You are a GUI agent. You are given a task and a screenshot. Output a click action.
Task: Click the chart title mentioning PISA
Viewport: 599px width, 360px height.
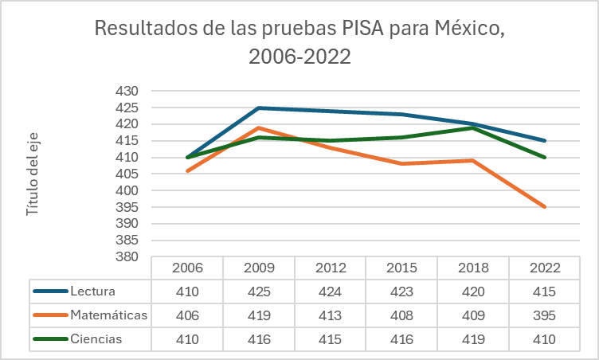coord(299,43)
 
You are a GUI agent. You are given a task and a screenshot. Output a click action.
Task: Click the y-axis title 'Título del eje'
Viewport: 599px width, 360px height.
coord(33,174)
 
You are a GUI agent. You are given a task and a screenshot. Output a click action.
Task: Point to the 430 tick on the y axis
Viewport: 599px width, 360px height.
coord(127,91)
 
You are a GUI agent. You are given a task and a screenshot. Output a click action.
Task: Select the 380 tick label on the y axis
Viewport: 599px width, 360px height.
coord(127,257)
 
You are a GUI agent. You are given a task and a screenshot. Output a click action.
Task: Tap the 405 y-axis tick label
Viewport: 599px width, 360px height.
coord(127,174)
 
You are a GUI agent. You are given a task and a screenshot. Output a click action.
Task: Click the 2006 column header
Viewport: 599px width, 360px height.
coord(187,268)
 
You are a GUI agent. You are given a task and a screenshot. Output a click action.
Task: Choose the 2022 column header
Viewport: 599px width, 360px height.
coord(546,268)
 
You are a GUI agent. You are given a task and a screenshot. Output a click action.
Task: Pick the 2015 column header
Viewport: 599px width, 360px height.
coord(402,268)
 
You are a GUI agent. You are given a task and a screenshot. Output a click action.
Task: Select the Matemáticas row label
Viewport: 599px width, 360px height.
coord(108,315)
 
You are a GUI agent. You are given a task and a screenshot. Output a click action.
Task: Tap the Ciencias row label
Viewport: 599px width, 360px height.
coord(96,339)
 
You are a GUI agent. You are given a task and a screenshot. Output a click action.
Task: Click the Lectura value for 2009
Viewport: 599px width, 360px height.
coord(259,292)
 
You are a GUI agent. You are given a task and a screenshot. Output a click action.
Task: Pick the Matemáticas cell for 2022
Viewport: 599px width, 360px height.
coord(546,315)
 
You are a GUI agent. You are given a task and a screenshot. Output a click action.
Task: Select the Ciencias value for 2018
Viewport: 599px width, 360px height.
coord(474,340)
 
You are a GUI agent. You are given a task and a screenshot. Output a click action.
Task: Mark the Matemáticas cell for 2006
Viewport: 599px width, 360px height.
coord(187,315)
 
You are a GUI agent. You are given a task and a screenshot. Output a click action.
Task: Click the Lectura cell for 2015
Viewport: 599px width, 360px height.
coord(402,292)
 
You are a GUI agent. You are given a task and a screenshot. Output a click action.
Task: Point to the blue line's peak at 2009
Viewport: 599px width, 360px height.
coord(259,108)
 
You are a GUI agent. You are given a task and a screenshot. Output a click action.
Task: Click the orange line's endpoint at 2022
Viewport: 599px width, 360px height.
coord(546,207)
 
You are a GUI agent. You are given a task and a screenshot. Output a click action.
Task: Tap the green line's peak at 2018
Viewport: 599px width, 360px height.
coord(474,127)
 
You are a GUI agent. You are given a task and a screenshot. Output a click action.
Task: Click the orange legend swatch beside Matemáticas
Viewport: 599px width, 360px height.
coord(50,315)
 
